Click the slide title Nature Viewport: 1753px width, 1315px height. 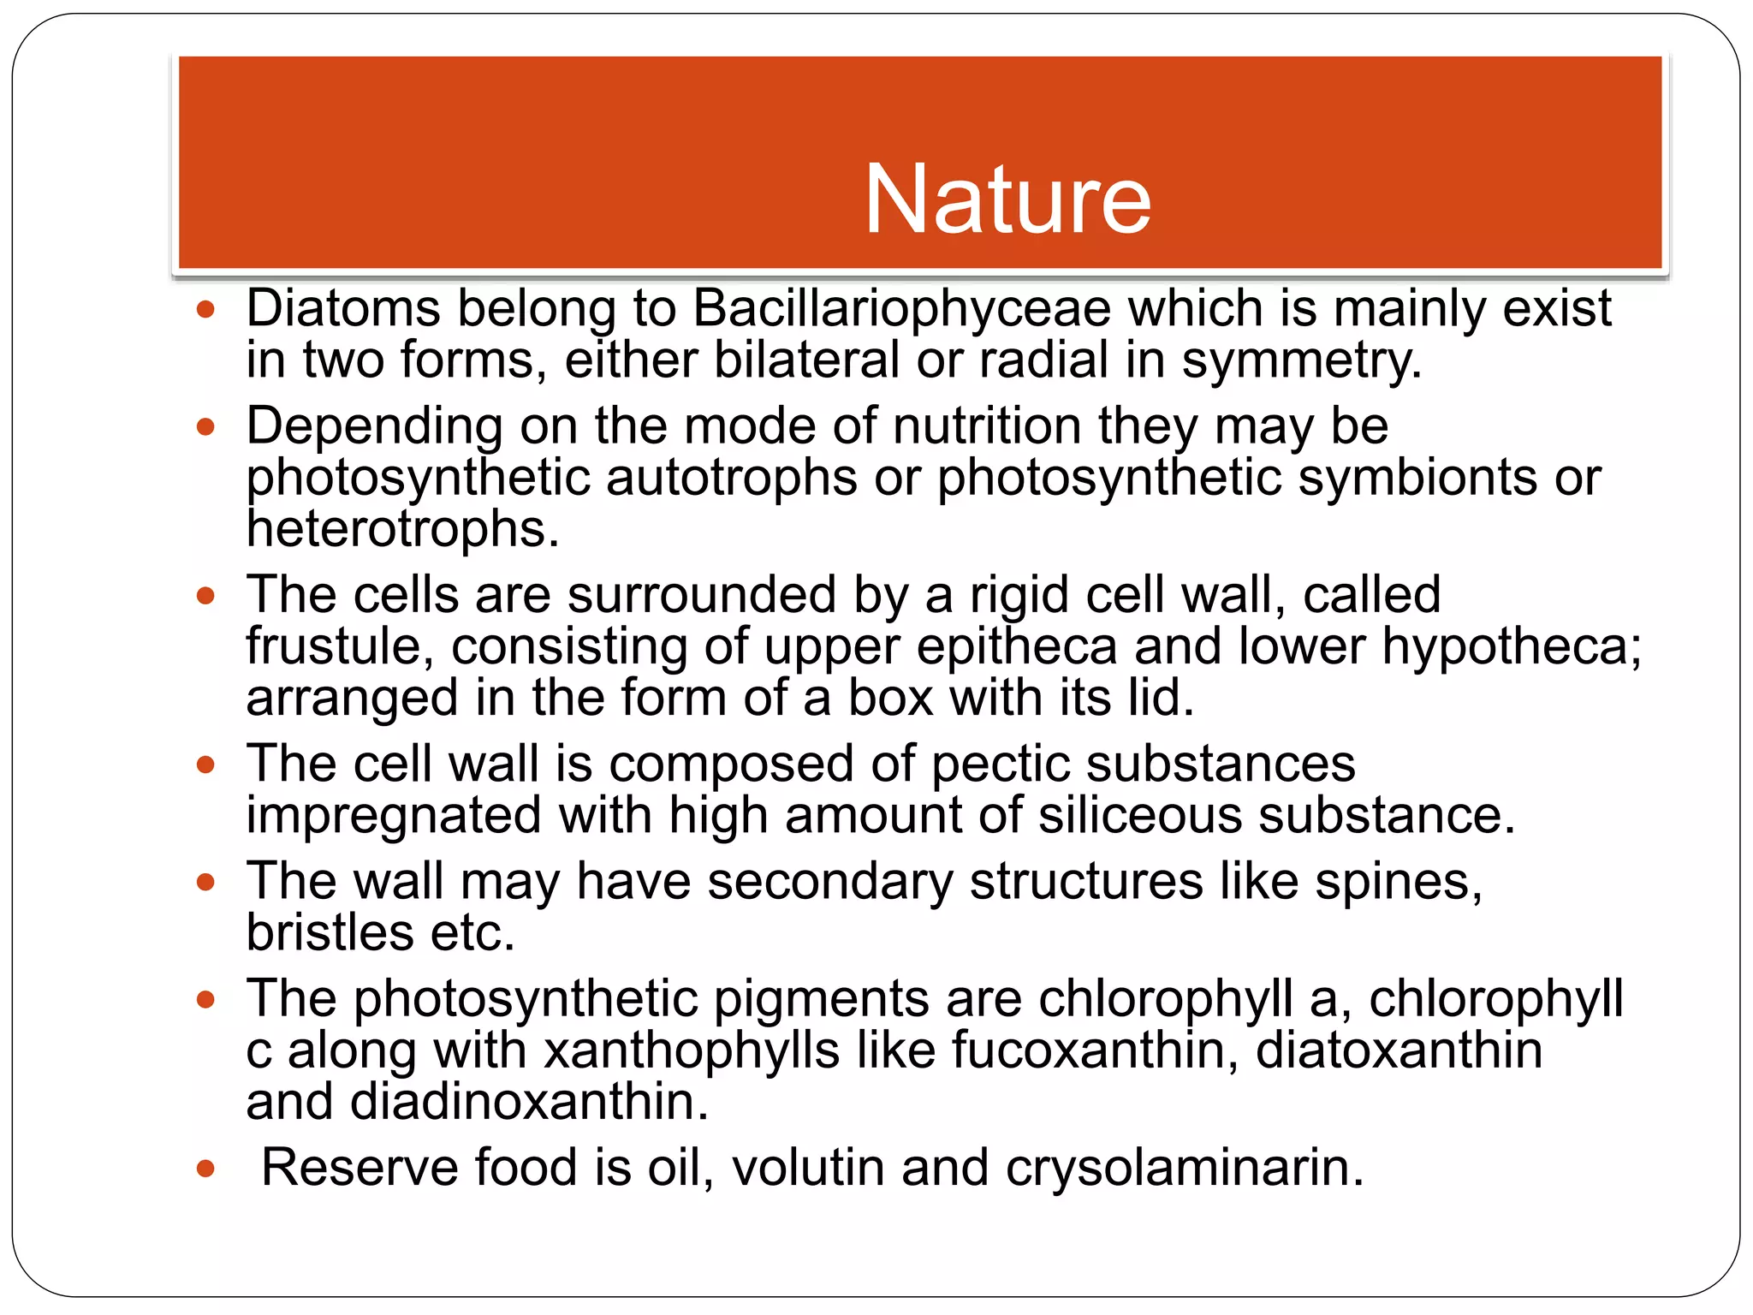point(1007,199)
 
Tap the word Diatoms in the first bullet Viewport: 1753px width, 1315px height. point(343,308)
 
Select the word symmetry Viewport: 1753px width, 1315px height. point(1301,360)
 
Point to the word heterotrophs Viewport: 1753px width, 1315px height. point(402,529)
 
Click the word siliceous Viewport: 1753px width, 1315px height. point(1140,815)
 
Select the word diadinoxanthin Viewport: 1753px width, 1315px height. point(528,1102)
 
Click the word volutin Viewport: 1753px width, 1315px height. point(807,1168)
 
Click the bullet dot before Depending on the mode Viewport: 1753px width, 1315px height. point(205,426)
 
